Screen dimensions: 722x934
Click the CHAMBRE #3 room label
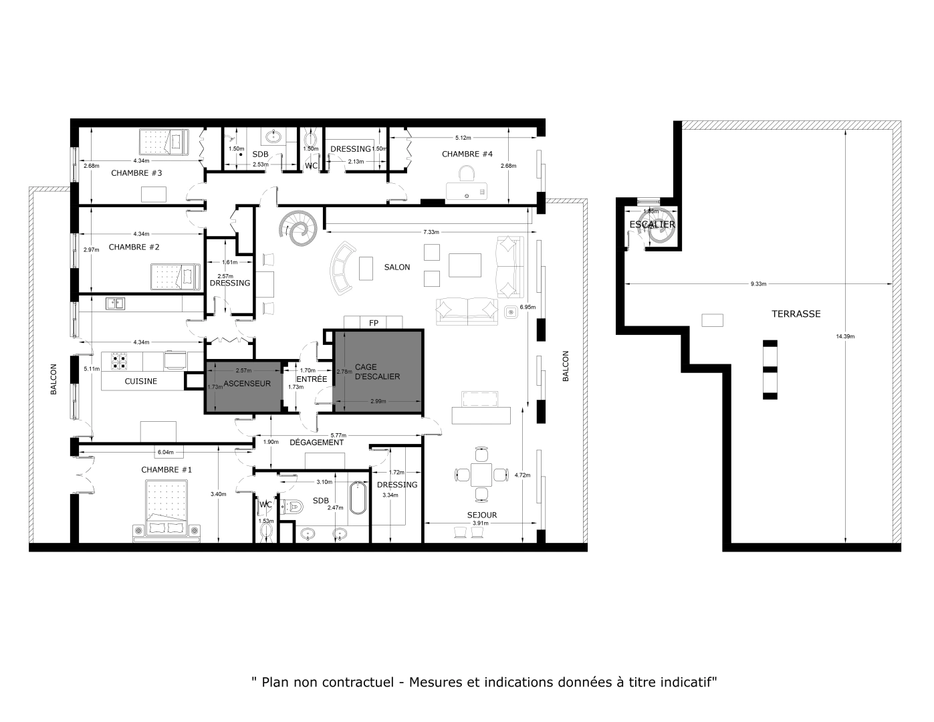tap(136, 173)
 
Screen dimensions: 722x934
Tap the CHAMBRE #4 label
tap(467, 154)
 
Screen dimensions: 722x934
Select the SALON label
tap(397, 267)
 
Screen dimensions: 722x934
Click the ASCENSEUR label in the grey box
tap(247, 384)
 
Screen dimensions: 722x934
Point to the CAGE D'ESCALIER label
tap(377, 372)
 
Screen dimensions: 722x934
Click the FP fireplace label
tap(373, 323)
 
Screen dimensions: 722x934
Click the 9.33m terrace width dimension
tap(758, 284)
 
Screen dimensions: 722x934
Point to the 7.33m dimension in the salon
tap(431, 232)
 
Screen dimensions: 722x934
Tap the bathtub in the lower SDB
tap(357, 497)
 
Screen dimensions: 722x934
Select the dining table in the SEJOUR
tap(481, 475)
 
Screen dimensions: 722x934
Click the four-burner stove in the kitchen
tap(120, 361)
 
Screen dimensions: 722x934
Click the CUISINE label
tap(141, 381)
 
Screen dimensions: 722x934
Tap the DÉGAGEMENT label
tap(316, 443)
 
